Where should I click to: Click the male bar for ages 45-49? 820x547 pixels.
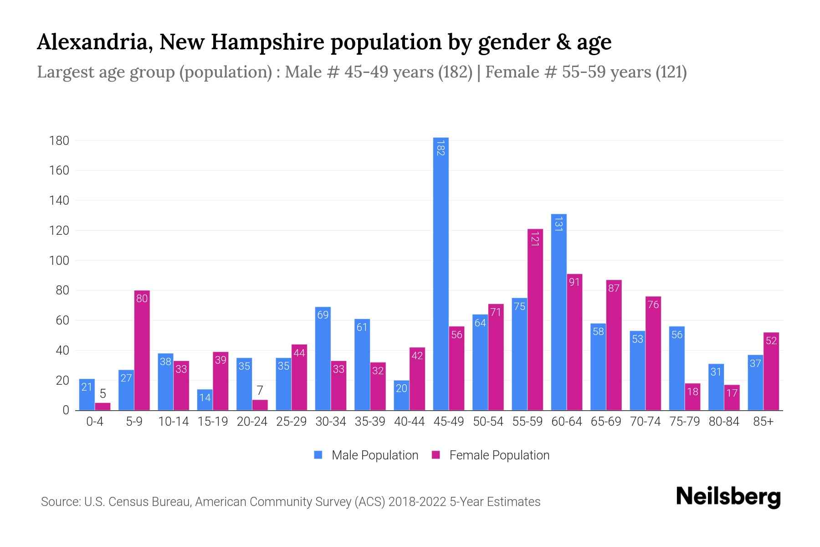click(441, 273)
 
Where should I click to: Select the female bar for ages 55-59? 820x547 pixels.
click(535, 319)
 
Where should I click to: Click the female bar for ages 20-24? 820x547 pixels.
click(260, 405)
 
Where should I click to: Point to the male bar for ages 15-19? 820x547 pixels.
click(205, 400)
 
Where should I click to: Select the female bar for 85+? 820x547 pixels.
click(771, 372)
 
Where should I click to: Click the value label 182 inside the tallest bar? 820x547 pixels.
click(441, 148)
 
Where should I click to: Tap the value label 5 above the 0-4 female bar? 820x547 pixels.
click(103, 394)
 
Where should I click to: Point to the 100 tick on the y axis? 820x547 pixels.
click(59, 261)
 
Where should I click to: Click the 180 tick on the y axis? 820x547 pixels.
click(59, 141)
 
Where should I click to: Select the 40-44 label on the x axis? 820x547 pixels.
click(409, 422)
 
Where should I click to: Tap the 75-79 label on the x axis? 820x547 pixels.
click(684, 422)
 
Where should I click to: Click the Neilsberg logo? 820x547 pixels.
click(728, 497)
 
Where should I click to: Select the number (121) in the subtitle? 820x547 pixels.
click(671, 72)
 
